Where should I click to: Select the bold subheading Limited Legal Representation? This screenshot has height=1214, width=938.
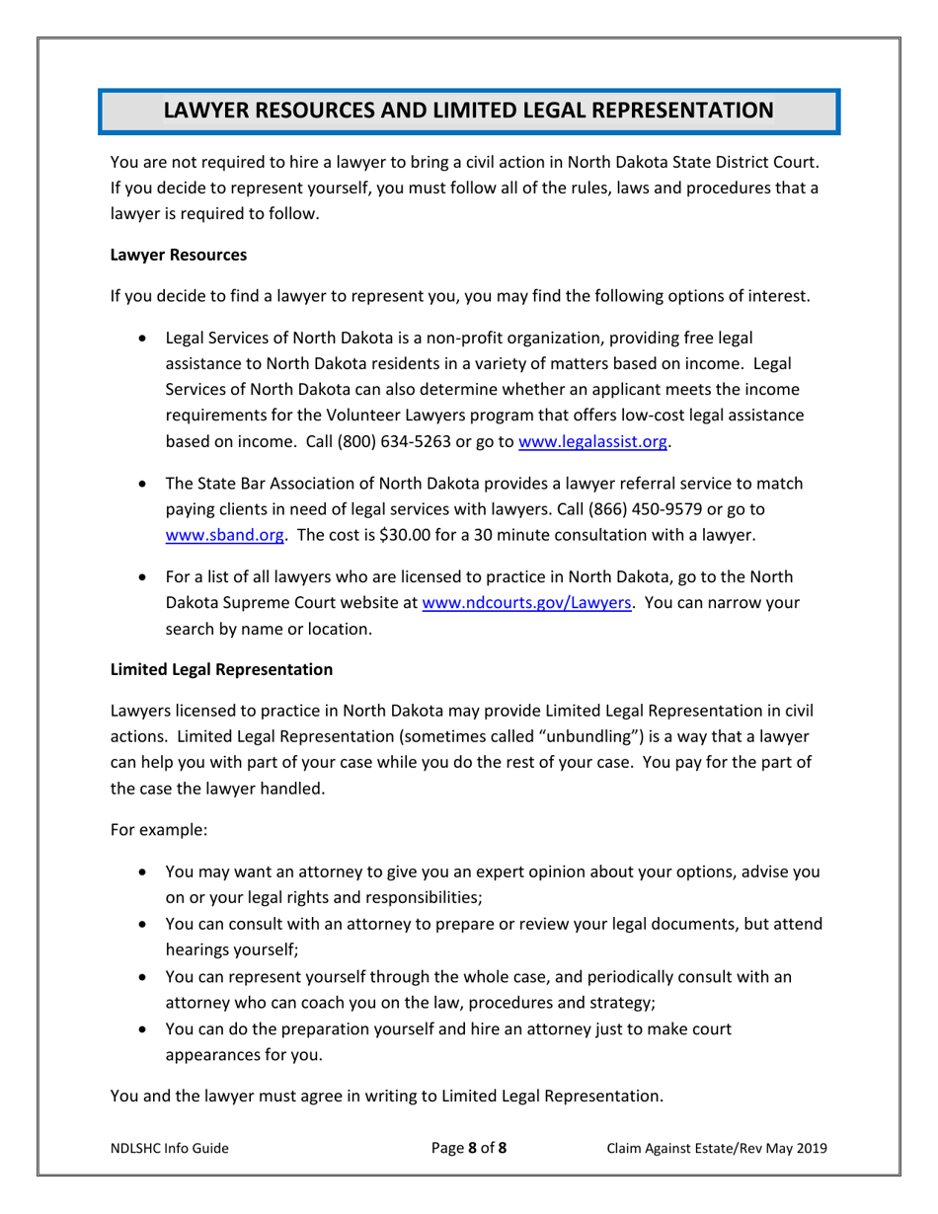pyautogui.click(x=221, y=670)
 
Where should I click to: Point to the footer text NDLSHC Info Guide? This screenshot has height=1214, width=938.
pyautogui.click(x=169, y=1148)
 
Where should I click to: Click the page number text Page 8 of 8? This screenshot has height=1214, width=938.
pyautogui.click(x=469, y=1148)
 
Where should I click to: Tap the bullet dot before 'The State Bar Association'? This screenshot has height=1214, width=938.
pyautogui.click(x=147, y=485)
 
